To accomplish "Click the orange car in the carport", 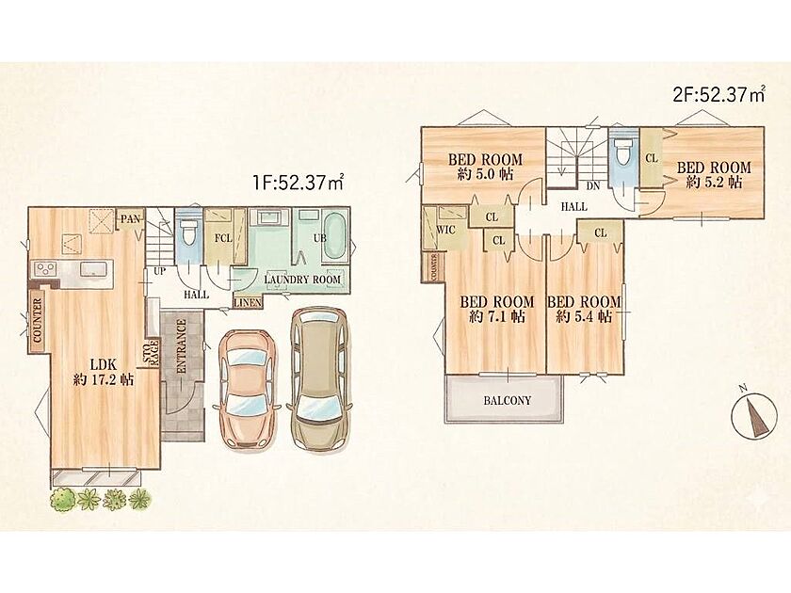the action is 247,389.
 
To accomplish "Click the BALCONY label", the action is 507,401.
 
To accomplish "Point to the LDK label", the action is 104,364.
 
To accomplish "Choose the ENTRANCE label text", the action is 182,346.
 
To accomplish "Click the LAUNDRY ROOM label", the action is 302,280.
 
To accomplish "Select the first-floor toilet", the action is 189,232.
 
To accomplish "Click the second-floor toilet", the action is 623,150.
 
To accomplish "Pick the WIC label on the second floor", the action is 446,231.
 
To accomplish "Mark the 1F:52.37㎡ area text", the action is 299,182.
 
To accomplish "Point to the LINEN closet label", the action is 248,302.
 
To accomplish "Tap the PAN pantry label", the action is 130,219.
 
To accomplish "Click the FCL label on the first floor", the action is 223,238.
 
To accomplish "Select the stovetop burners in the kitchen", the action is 45,268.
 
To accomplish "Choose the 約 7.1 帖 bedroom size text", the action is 497,316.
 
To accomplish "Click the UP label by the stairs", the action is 159,271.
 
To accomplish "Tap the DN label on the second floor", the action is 593,186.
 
